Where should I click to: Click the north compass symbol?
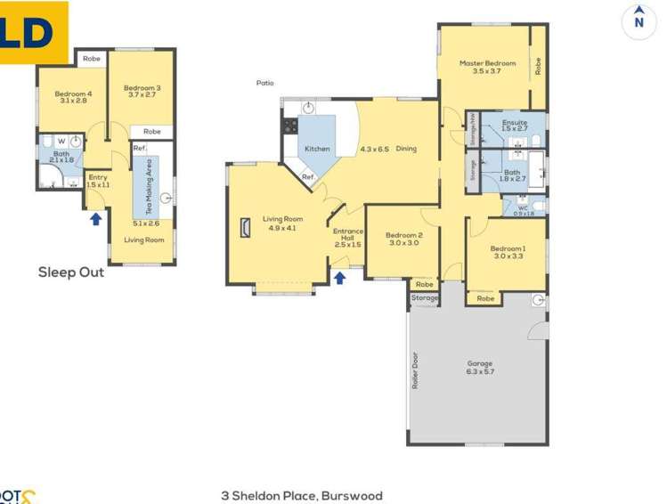tap(638, 20)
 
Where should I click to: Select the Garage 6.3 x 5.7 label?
tap(480, 368)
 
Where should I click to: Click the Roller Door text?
tap(416, 372)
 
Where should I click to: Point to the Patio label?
tap(264, 83)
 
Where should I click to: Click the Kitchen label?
tap(317, 149)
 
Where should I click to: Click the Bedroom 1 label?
tap(508, 252)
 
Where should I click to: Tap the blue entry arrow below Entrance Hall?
tap(339, 277)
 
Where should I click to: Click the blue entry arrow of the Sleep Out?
tap(95, 218)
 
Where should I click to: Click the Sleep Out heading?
tap(70, 272)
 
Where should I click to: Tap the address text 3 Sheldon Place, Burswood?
tap(301, 495)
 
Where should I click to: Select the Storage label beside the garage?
tap(425, 297)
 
